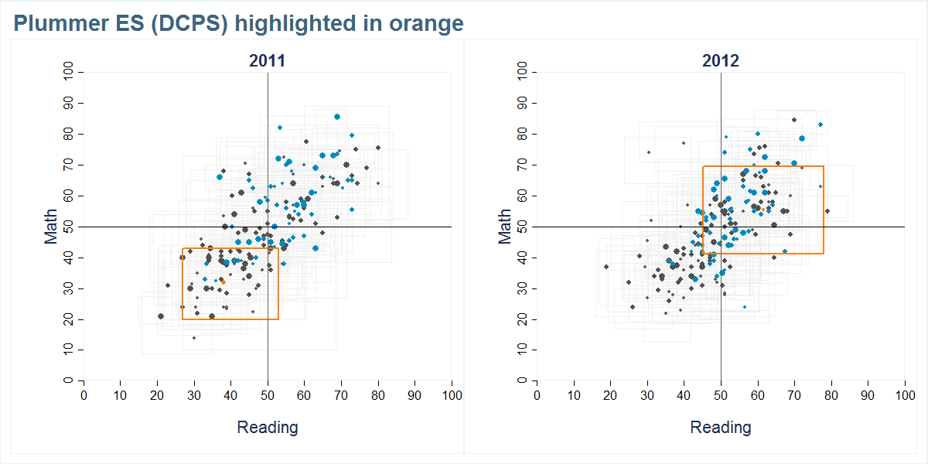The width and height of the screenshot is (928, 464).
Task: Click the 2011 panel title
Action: [267, 61]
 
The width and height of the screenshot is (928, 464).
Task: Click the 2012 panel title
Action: [720, 61]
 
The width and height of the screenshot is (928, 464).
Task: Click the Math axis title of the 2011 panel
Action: [52, 226]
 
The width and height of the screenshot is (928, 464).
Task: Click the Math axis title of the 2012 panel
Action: [505, 226]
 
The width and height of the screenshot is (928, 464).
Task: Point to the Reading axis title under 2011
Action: [267, 427]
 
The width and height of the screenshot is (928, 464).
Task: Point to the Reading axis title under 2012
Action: [720, 427]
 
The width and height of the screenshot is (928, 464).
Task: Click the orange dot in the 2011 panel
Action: [223, 281]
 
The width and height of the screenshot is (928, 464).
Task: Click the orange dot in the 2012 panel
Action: [764, 209]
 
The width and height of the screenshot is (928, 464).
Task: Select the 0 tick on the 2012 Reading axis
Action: [537, 395]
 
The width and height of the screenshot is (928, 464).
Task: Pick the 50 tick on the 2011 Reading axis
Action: [268, 395]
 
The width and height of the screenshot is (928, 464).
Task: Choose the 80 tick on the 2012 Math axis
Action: [523, 134]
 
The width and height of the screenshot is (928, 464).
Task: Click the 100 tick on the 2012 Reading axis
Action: [904, 395]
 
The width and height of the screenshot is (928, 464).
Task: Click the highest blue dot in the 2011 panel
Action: [337, 117]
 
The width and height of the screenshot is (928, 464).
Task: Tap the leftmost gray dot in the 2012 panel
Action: [606, 267]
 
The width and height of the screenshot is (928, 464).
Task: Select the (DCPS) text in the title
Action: [189, 24]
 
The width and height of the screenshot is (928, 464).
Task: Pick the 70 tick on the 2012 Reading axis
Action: [794, 395]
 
